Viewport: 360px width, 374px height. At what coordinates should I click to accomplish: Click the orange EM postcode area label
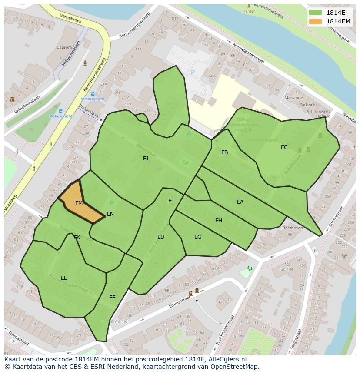(x=79, y=203)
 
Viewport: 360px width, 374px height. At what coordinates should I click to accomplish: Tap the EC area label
(x=284, y=147)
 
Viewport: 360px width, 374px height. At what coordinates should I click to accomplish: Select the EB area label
(x=224, y=152)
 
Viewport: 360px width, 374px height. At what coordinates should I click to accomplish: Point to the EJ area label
(x=146, y=159)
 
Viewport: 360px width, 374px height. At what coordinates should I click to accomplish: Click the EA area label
(x=240, y=202)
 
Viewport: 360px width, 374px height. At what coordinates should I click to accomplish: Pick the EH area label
(x=219, y=221)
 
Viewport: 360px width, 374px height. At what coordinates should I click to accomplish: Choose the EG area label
(x=198, y=237)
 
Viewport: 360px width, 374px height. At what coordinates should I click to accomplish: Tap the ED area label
(x=161, y=237)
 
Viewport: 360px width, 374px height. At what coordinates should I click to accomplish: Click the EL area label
(x=64, y=278)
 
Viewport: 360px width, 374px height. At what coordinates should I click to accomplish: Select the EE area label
(x=112, y=296)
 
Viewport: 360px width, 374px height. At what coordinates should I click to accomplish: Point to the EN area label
(x=110, y=214)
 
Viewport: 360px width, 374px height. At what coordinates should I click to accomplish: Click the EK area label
(x=77, y=238)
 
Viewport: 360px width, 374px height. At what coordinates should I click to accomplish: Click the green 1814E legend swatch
(x=316, y=13)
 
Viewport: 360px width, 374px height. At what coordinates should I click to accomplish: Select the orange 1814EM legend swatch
(x=316, y=21)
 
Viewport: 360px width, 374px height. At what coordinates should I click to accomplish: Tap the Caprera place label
(x=64, y=47)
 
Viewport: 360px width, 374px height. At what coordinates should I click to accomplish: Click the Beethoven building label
(x=292, y=228)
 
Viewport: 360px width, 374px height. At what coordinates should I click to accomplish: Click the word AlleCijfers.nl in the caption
(x=227, y=360)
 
